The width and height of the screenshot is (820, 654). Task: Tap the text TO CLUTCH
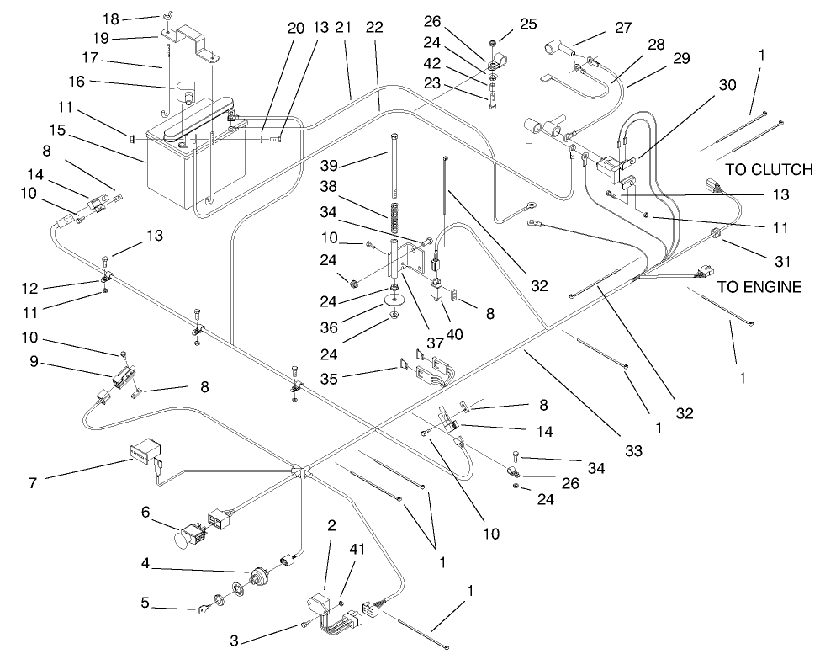click(769, 169)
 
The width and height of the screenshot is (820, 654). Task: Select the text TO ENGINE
click(759, 287)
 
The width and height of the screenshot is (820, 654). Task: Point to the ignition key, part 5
click(206, 610)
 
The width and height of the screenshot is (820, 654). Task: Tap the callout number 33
click(633, 451)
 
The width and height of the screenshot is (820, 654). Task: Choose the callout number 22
click(374, 28)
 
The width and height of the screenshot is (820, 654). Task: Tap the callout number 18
click(135, 18)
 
